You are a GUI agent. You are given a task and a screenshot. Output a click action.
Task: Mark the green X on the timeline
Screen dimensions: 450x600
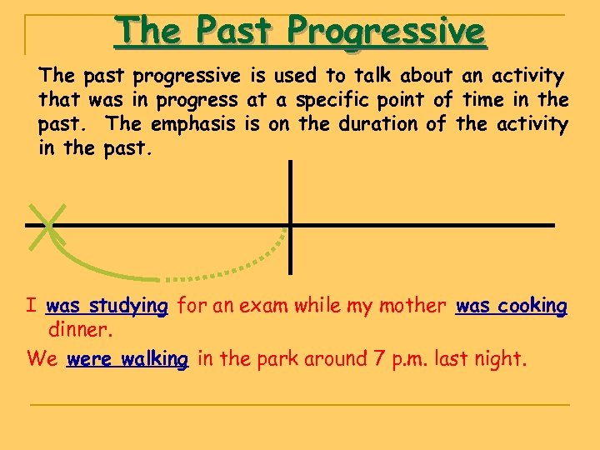[47, 224]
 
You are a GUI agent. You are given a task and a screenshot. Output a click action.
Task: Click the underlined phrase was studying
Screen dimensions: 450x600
[107, 306]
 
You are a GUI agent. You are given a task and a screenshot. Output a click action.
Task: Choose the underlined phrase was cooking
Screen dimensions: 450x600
[512, 306]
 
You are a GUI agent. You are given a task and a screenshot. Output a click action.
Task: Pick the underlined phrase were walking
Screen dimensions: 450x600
[127, 359]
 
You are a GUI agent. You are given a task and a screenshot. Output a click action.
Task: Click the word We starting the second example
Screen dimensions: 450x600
[42, 359]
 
